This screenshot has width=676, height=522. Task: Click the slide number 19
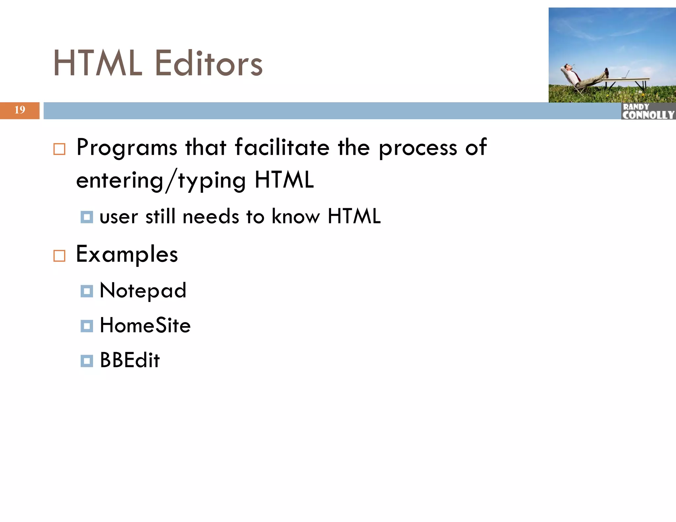point(20,110)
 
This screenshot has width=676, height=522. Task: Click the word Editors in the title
point(209,63)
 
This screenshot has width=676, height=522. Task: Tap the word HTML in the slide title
point(98,63)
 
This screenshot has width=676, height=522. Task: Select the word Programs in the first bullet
point(127,148)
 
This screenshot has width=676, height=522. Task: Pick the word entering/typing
point(161,181)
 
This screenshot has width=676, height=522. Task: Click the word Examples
point(127,255)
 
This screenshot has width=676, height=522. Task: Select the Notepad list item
point(143,291)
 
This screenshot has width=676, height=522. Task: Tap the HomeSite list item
point(145,325)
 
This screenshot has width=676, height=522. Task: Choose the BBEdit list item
point(130,360)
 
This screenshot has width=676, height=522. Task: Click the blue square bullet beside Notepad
point(87,291)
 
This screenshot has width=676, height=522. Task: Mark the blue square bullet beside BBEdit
point(87,361)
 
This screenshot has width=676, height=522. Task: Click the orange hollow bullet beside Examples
point(59,256)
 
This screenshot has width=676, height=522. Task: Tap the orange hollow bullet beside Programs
point(59,149)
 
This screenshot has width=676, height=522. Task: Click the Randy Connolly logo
point(648,111)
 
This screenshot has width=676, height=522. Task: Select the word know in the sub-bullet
point(296,217)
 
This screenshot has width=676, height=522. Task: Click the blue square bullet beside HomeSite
point(87,326)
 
